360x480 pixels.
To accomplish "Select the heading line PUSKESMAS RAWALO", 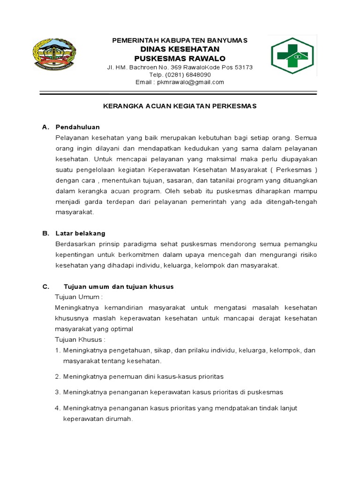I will point(180,59).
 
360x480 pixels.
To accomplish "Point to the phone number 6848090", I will point(199,75).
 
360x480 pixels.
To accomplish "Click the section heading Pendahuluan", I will point(77,127).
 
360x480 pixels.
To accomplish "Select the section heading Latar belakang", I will point(80,233).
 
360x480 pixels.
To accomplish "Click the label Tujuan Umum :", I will point(79,297).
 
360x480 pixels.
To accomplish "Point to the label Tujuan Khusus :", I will point(80,339).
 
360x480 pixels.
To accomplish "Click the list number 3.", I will point(57,392).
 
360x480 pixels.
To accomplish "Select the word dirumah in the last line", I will point(121,419).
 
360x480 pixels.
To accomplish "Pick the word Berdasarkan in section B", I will point(74,244).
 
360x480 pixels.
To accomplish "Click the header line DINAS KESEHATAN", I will point(180,49).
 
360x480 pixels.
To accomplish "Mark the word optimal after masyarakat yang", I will point(122,329).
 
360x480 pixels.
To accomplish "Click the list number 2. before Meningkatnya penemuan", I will point(57,376).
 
